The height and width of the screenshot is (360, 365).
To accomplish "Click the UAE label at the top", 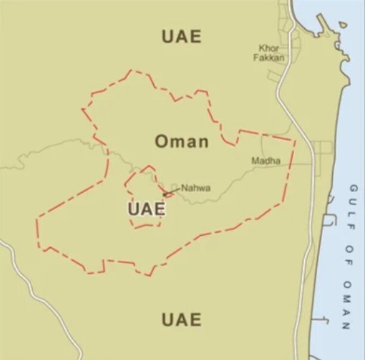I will pyautogui.click(x=181, y=36).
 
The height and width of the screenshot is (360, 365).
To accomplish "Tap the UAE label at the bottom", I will pyautogui.click(x=181, y=319).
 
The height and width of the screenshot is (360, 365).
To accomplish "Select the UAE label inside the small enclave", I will pyautogui.click(x=146, y=209).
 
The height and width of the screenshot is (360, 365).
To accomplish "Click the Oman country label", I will pyautogui.click(x=182, y=141).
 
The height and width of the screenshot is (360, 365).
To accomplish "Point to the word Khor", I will pyautogui.click(x=269, y=48).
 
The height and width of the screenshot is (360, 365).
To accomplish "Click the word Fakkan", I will pyautogui.click(x=269, y=58).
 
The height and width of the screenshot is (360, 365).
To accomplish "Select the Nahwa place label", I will pyautogui.click(x=196, y=188).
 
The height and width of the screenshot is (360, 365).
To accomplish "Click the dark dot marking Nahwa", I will pyautogui.click(x=165, y=195).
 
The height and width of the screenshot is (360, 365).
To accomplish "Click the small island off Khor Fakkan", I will pyautogui.click(x=342, y=24).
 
